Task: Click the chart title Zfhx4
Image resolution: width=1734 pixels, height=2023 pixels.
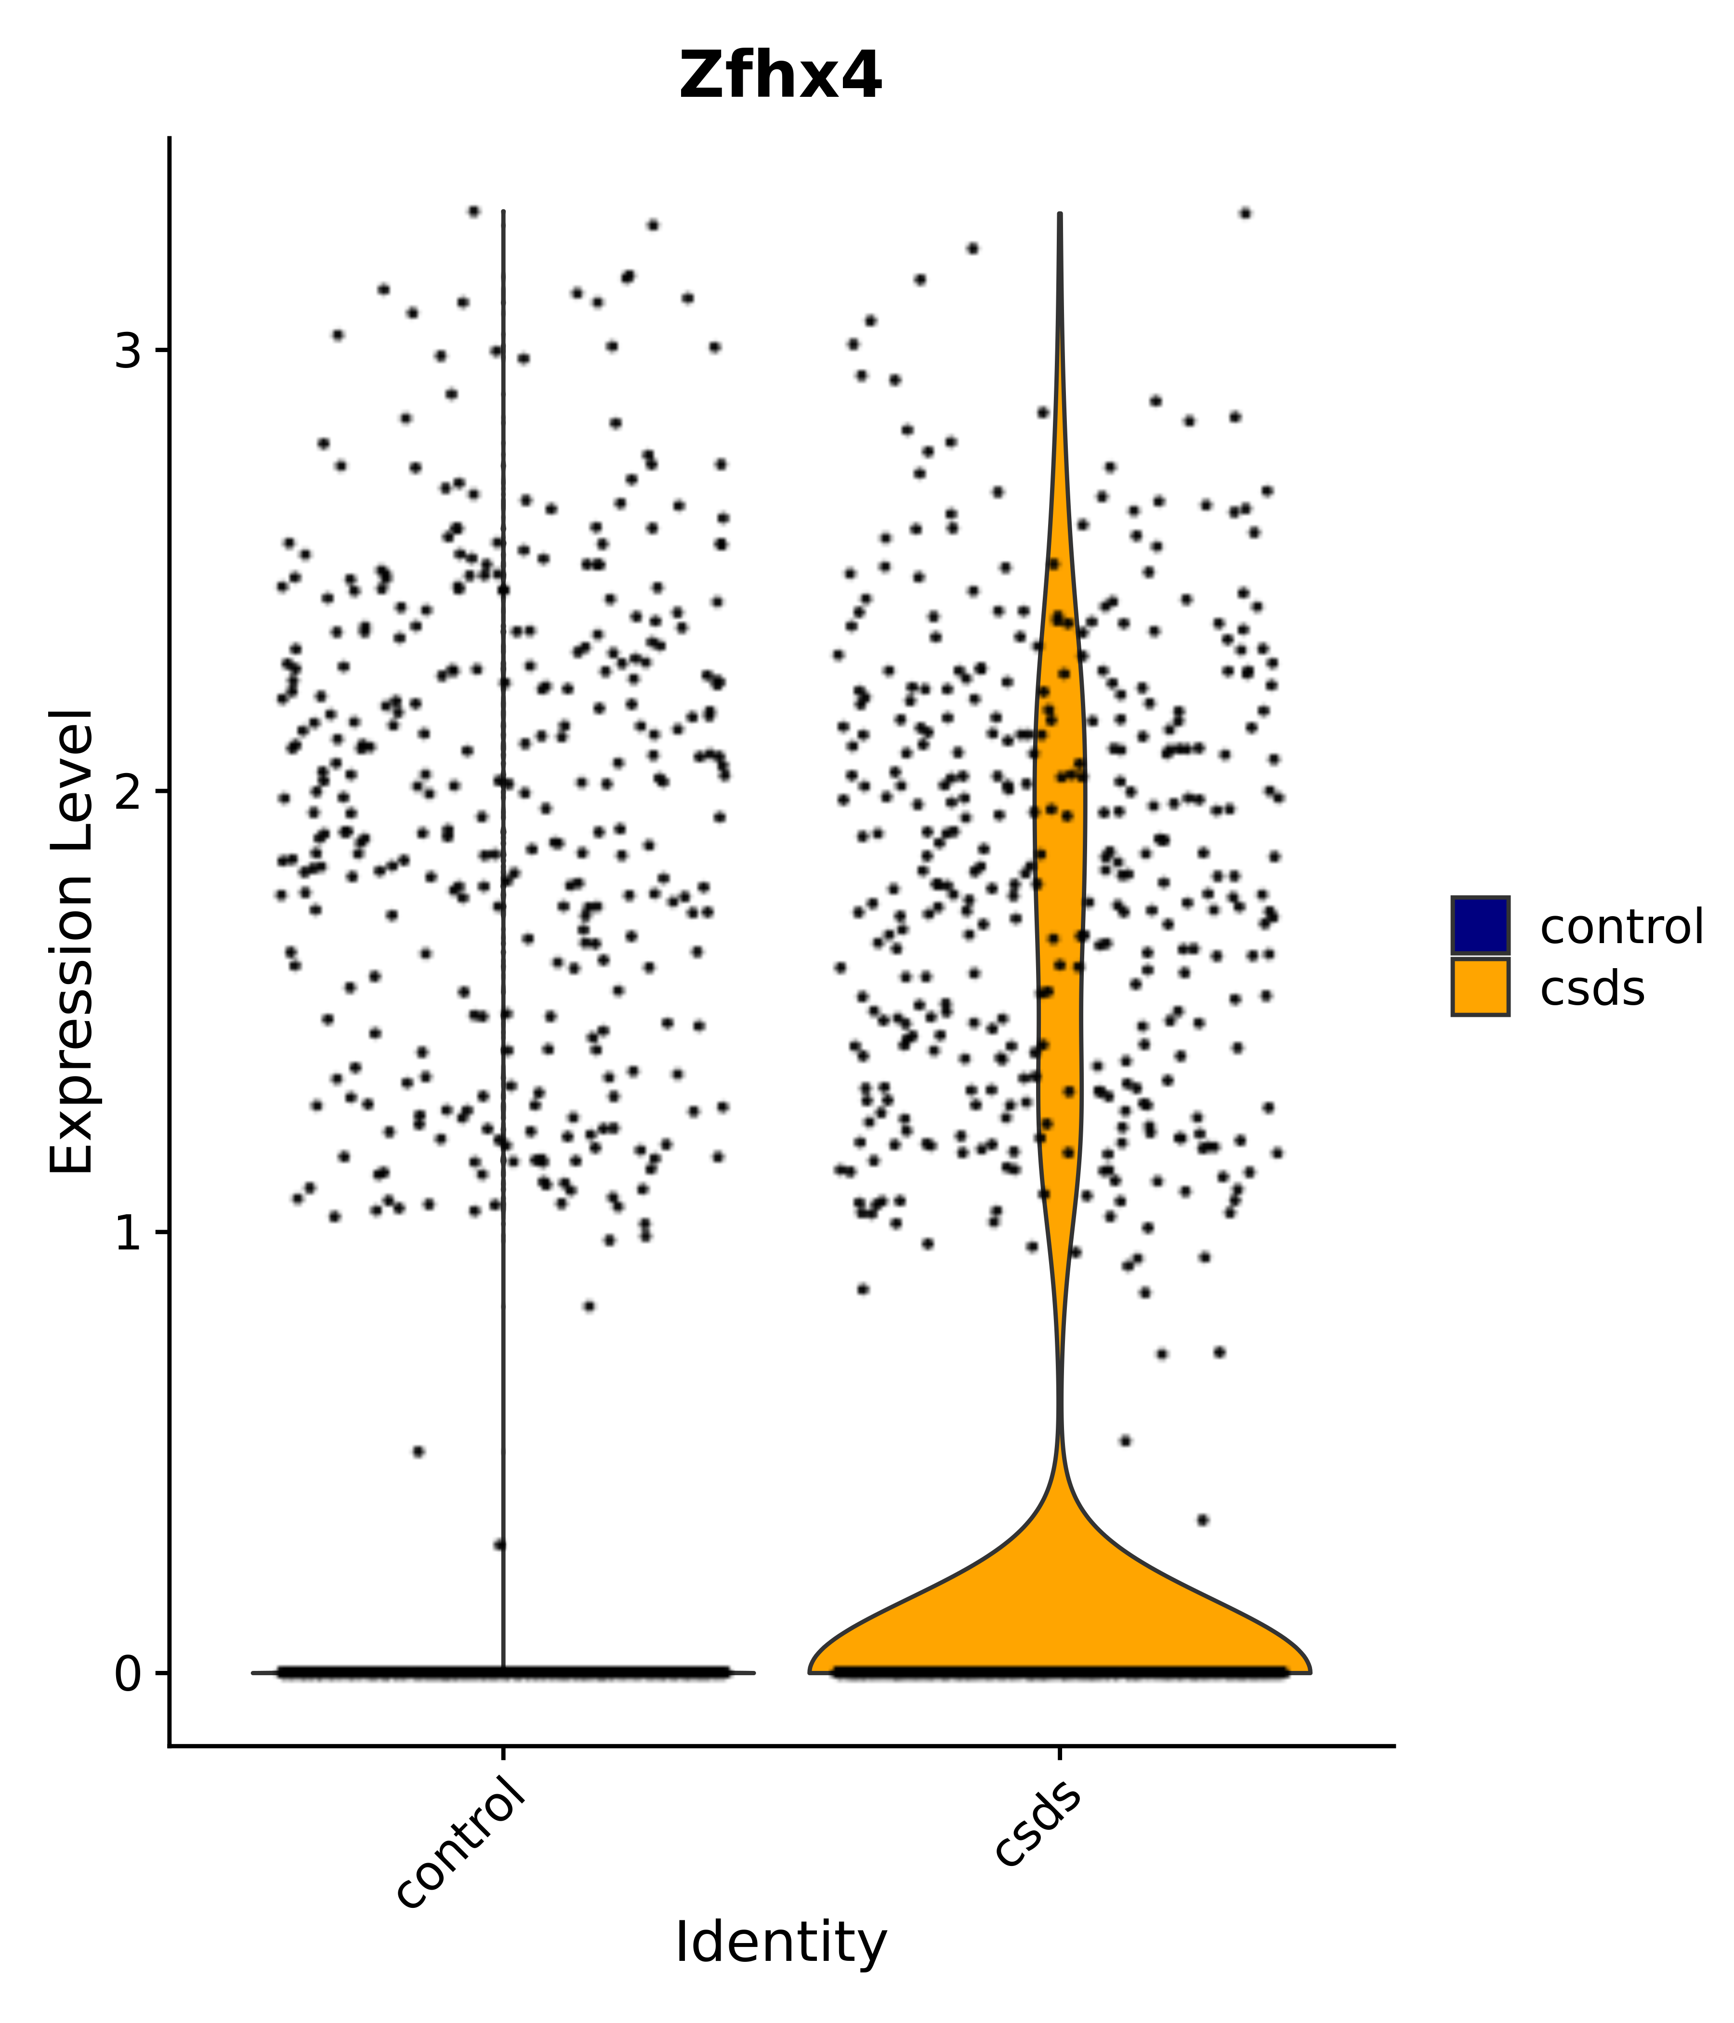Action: pos(780,76)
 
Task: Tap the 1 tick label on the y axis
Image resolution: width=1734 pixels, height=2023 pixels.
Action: pos(128,1232)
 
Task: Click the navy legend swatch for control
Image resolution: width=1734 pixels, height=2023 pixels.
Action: pos(1479,925)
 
